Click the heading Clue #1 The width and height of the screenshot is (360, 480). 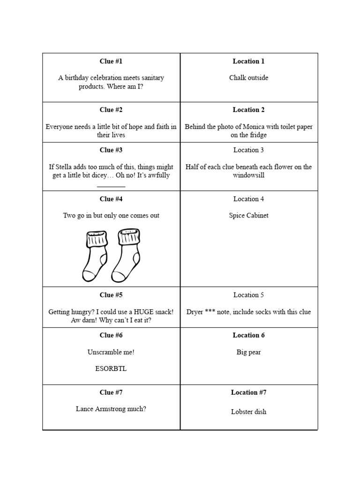tap(111, 61)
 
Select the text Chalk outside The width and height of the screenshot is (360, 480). tap(248, 78)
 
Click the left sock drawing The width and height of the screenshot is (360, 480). tap(95, 255)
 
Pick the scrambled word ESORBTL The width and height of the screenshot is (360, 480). tap(111, 368)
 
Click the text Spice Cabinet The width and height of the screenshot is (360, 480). tap(248, 216)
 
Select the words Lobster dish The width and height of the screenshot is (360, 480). tap(248, 412)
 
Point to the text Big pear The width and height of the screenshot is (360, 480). tap(248, 352)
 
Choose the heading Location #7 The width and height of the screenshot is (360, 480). tap(248, 392)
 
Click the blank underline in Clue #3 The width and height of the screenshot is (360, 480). tap(111, 186)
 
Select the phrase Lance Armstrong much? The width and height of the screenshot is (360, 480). tap(111, 409)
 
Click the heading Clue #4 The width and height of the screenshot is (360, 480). tap(111, 199)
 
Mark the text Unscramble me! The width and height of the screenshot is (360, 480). tap(111, 352)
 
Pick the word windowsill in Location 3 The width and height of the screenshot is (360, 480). tap(248, 175)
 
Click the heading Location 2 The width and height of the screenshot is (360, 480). tap(248, 110)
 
